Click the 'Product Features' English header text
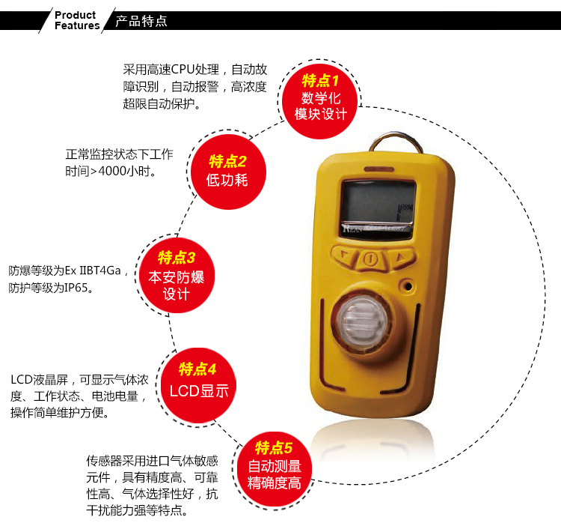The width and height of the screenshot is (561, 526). coord(77,20)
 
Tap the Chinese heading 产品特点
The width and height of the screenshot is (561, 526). coord(141,21)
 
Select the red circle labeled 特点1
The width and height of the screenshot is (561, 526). coord(319,100)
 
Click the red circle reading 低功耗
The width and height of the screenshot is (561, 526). coord(228,172)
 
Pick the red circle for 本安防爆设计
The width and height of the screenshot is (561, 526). coord(177,275)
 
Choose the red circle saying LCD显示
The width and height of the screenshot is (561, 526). coord(198,385)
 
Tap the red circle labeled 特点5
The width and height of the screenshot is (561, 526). coord(275,468)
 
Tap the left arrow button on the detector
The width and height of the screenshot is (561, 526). coord(345,256)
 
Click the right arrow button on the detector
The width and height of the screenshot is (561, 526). coord(402,257)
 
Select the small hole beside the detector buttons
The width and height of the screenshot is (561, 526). coord(408,286)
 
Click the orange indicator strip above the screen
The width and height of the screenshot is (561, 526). coord(379,169)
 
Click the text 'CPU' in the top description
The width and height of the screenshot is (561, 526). coord(183,69)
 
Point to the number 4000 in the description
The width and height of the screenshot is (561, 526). coord(111,171)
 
